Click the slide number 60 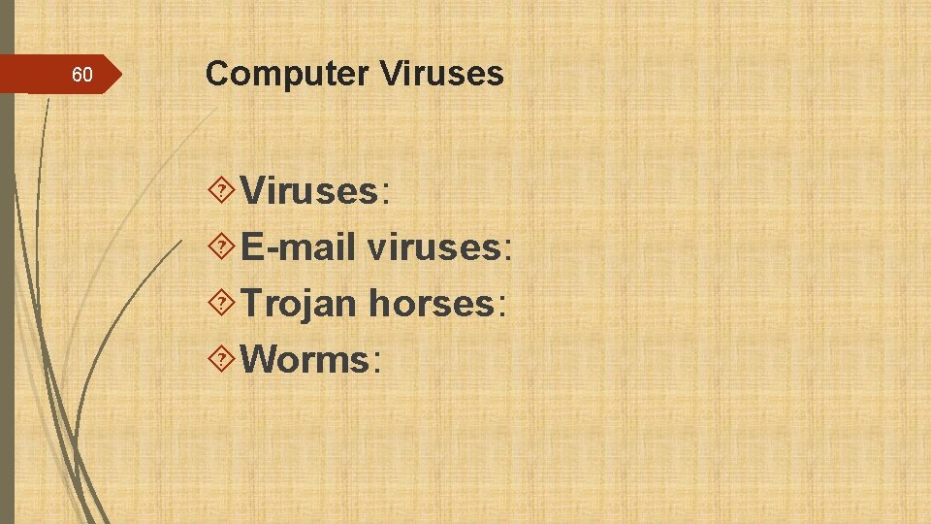(82, 75)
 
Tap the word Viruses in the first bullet (308, 191)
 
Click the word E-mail (298, 247)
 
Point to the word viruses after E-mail (431, 247)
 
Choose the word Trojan (299, 304)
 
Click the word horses (432, 304)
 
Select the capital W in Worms (257, 360)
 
